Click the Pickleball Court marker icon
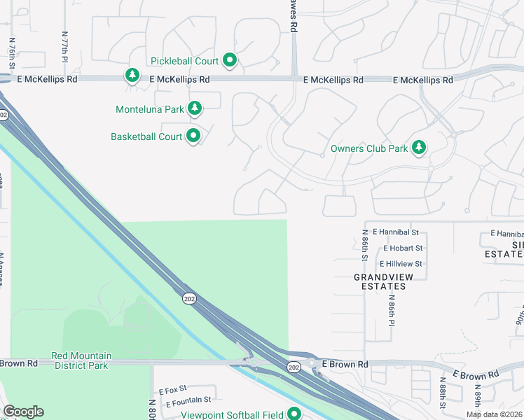point(230,61)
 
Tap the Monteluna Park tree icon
point(195,108)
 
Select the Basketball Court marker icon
point(194,136)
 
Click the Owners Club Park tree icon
point(419,147)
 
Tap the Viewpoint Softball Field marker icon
point(294,414)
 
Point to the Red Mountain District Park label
point(81,360)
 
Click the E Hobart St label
point(403,248)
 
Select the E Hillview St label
point(401,264)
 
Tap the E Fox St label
point(173,388)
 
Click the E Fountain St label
point(188,400)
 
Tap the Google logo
point(23,412)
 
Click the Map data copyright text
point(495,414)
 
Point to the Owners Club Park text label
point(369,148)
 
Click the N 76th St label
point(12,52)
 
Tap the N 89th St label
point(478,397)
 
